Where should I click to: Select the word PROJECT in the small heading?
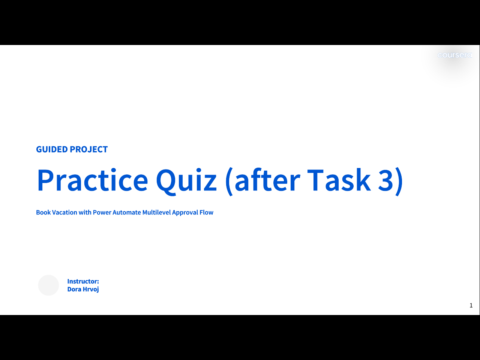click(x=89, y=150)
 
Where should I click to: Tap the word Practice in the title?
click(x=93, y=180)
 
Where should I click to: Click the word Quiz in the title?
click(x=186, y=181)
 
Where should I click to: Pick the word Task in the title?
click(x=339, y=180)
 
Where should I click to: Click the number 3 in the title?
click(x=386, y=180)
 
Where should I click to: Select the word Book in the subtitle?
click(x=43, y=212)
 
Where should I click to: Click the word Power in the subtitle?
click(x=102, y=212)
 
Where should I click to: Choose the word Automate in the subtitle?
click(x=127, y=212)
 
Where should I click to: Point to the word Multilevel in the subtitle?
click(x=156, y=212)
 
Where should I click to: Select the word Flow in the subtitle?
click(x=206, y=212)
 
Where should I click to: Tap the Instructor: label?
click(x=83, y=281)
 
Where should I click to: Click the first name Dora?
click(x=74, y=289)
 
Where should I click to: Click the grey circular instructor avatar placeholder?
click(x=48, y=285)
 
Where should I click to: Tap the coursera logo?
click(x=454, y=55)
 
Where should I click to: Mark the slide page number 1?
click(x=471, y=305)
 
